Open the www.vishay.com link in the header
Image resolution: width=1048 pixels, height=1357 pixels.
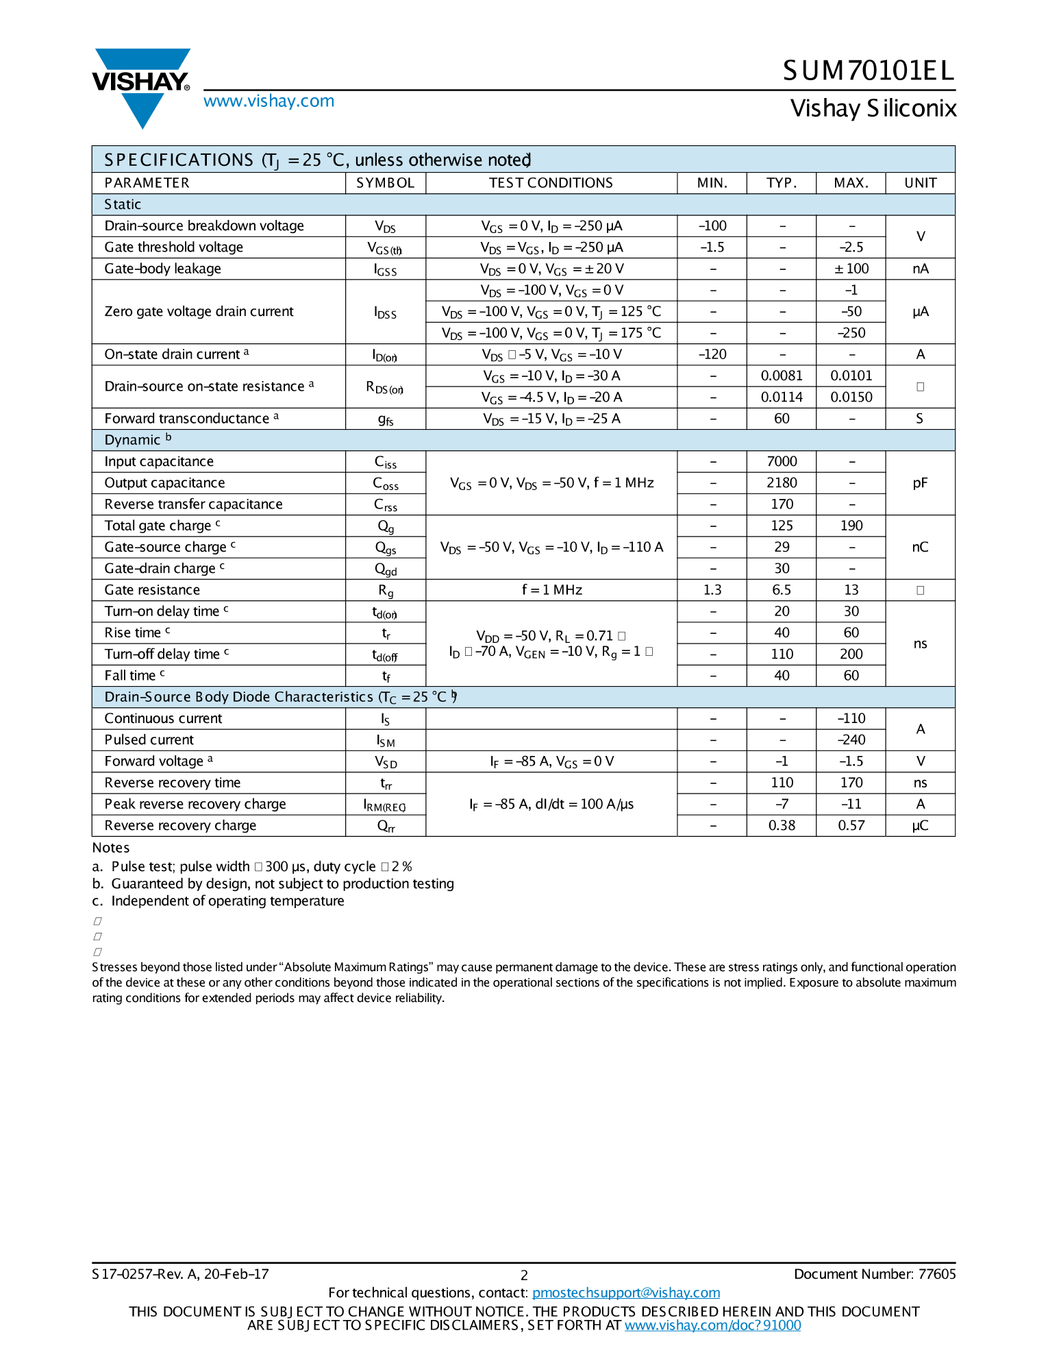click(x=269, y=101)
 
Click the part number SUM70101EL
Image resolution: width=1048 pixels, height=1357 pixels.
click(x=869, y=71)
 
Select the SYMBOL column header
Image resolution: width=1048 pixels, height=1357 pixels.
click(x=385, y=183)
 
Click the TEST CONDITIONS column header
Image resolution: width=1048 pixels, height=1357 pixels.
click(x=551, y=183)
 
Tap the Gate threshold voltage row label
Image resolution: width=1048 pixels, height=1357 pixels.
click(x=173, y=247)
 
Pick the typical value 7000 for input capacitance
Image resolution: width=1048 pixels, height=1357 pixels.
click(x=782, y=462)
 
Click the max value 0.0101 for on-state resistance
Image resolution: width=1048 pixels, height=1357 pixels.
click(x=851, y=376)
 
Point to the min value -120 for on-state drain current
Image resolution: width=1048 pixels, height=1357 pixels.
click(x=712, y=354)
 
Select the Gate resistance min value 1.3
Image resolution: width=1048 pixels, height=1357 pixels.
click(x=712, y=590)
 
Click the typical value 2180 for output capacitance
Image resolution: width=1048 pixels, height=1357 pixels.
click(x=782, y=483)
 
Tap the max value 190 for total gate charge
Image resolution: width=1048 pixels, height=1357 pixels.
click(x=851, y=526)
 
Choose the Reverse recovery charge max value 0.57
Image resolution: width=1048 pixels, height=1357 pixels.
click(x=851, y=826)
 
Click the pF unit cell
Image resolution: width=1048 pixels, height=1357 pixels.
click(x=920, y=483)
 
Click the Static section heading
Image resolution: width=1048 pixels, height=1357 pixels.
click(x=123, y=205)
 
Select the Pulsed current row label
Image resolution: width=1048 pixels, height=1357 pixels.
click(x=149, y=740)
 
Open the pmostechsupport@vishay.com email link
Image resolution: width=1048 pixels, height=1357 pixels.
click(x=626, y=1293)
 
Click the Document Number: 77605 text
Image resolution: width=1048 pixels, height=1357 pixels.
click(x=874, y=1274)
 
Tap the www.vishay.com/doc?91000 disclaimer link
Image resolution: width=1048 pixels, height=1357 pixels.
click(x=712, y=1325)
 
